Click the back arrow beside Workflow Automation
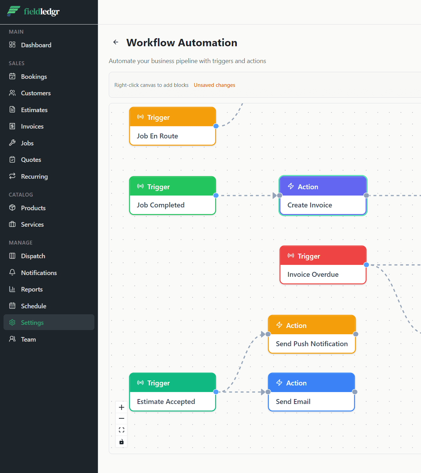click(116, 42)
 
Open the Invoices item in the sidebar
click(32, 126)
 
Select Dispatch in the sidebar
click(33, 256)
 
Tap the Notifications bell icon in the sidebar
click(12, 273)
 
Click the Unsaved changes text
click(214, 85)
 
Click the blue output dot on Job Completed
click(216, 196)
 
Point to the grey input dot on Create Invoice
click(280, 196)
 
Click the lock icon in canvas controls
click(121, 442)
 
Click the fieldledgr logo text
click(42, 12)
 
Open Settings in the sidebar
click(32, 323)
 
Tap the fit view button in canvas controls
click(121, 430)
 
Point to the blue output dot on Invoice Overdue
click(366, 265)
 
